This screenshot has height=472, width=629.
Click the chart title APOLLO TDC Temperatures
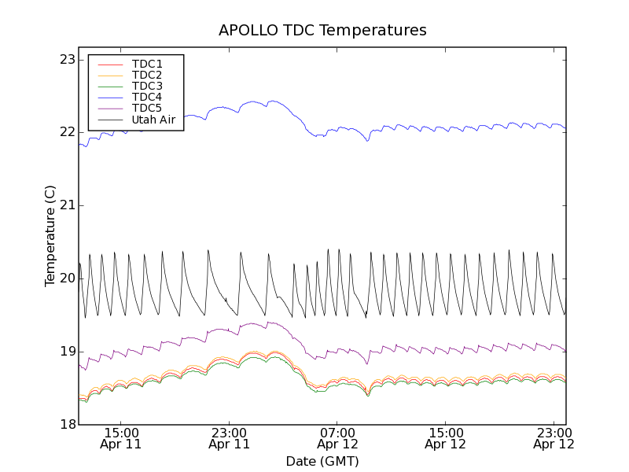coord(322,31)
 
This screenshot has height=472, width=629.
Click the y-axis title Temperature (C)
coord(50,236)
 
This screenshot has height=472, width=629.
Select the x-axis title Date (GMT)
coord(322,461)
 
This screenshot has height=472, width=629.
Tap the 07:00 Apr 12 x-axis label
coord(338,438)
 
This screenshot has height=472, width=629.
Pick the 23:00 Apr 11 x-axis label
coord(230,438)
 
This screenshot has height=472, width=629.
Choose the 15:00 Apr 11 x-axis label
coord(121,438)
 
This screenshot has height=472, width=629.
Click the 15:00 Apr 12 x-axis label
coord(446,438)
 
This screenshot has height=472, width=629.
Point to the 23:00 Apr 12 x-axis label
coord(554,438)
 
